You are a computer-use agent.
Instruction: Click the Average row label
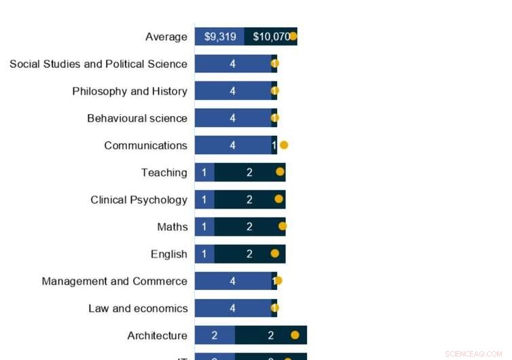pos(166,37)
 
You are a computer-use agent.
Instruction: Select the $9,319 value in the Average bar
pos(220,37)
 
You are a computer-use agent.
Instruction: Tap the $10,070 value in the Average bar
pos(270,37)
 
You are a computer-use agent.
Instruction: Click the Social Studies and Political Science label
pos(98,64)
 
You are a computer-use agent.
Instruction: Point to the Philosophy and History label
pos(130,91)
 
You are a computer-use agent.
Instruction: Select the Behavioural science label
pos(137,118)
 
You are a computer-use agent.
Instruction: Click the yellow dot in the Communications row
pos(284,145)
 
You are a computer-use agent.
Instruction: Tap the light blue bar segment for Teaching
pos(204,173)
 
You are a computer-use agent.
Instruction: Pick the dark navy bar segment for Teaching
pos(249,173)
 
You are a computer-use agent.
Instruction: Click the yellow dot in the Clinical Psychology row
pos(278,199)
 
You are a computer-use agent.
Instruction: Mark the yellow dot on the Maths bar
pos(282,226)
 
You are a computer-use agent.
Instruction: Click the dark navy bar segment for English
pos(249,254)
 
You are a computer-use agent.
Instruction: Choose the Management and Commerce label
pos(114,281)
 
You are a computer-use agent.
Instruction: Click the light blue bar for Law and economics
pos(233,308)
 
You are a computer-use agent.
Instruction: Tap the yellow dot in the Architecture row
pos(295,335)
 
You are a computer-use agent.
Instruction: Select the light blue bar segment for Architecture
pos(215,336)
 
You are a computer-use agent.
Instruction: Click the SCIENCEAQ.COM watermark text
pos(473,354)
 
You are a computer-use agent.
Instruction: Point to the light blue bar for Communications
pos(233,145)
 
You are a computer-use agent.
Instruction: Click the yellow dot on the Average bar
pos(293,36)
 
